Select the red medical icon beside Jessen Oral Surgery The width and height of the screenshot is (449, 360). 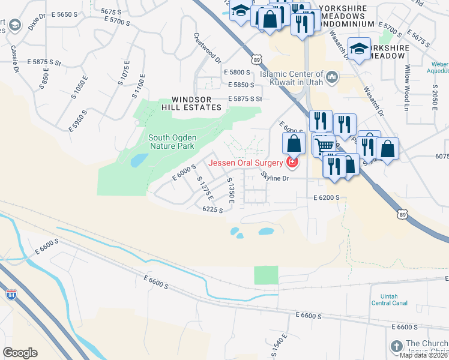click(292, 162)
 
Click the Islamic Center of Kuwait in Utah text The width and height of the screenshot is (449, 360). click(291, 75)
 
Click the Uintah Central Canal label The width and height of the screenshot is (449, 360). click(390, 299)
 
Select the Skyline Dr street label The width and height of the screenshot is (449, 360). click(276, 178)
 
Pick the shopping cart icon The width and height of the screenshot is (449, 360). click(324, 145)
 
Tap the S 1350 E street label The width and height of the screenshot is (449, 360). click(229, 190)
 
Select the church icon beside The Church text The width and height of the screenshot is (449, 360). click(396, 346)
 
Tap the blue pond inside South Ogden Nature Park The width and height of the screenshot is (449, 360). click(138, 160)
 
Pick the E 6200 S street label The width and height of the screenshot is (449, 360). click(327, 197)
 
